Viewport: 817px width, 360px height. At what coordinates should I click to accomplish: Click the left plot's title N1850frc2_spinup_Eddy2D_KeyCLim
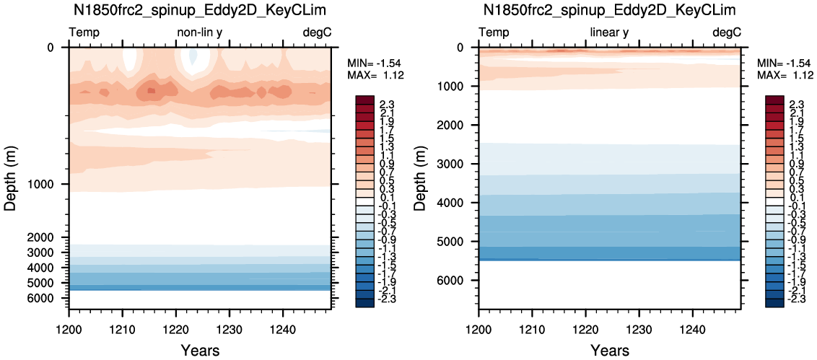(x=200, y=10)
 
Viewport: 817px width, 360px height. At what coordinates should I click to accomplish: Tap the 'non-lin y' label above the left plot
(x=200, y=32)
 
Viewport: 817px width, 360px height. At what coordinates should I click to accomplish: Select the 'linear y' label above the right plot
(x=609, y=32)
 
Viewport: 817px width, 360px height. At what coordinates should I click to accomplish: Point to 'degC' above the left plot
(x=318, y=32)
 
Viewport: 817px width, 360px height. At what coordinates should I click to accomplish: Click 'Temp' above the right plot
(x=494, y=32)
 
